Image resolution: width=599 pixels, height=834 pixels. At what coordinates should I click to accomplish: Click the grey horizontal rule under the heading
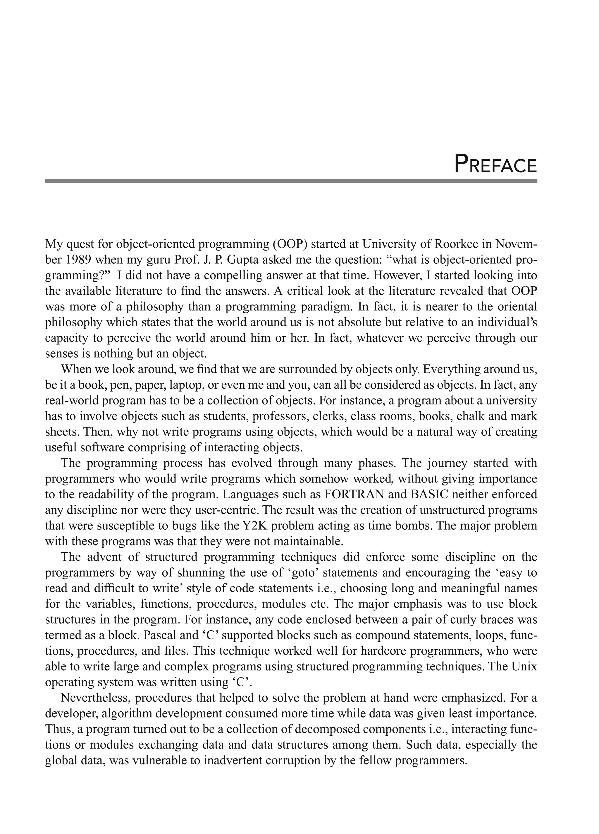pyautogui.click(x=291, y=181)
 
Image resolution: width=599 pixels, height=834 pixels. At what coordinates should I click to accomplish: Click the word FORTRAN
pyautogui.click(x=354, y=494)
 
